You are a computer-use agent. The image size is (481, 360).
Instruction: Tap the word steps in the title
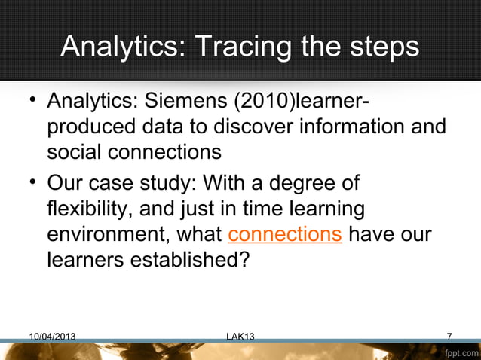tap(381, 47)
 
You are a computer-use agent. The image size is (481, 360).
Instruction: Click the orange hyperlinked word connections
tap(285, 234)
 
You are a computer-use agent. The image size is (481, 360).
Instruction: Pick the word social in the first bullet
tap(77, 151)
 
